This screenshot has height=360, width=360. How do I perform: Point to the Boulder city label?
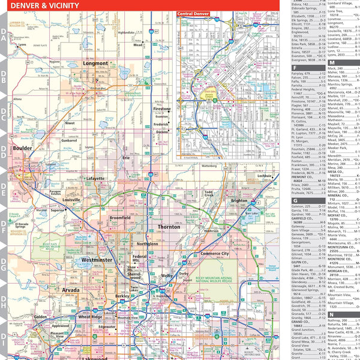[23, 148]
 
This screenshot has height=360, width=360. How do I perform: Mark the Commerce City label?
[215, 254]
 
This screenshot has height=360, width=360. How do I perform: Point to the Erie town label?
[126, 157]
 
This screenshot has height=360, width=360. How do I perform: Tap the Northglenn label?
[148, 244]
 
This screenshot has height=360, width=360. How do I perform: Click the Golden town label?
[40, 316]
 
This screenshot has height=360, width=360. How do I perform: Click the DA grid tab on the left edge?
[4, 38]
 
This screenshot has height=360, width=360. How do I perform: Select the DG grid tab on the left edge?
[4, 261]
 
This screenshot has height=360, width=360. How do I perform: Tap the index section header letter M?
[332, 62]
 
